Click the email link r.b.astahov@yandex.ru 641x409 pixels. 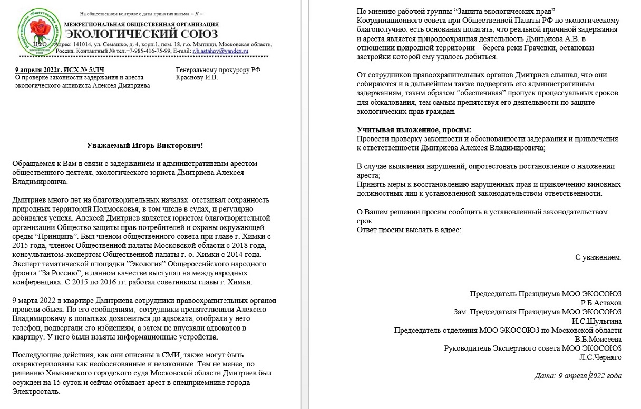[x=220, y=51]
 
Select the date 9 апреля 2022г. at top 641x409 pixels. [x=39, y=70]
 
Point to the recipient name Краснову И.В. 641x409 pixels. [x=197, y=78]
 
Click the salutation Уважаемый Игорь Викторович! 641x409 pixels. [x=144, y=145]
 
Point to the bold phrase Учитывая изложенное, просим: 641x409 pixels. [x=414, y=129]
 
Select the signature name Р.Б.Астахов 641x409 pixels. [x=601, y=303]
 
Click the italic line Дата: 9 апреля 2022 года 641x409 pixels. [x=578, y=376]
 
